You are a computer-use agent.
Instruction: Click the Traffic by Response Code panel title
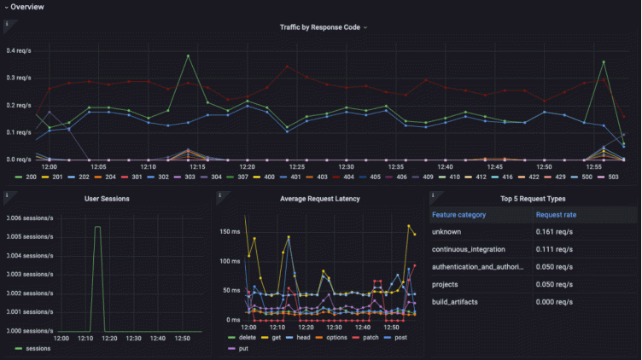pos(320,27)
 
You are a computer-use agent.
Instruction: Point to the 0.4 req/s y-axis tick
pos(19,50)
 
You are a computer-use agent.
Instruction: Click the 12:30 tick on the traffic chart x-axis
pos(346,167)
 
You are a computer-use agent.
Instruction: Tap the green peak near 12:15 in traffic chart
pos(188,56)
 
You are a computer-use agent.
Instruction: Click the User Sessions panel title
pos(105,199)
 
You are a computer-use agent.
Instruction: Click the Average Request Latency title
pos(320,199)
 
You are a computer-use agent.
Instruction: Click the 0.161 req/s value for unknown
pos(552,231)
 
